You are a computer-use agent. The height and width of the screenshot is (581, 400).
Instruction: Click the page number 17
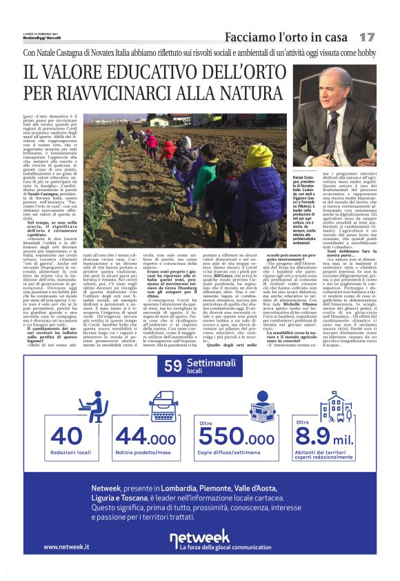(x=367, y=36)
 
